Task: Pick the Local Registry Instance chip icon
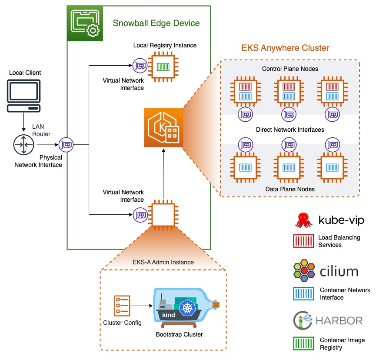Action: pos(163,67)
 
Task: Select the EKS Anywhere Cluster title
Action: pos(285,48)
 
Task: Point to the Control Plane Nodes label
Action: pos(290,69)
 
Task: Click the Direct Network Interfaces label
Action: pos(290,130)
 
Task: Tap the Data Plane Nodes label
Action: pos(290,189)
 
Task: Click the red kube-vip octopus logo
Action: pos(303,221)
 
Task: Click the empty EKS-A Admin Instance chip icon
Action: pos(163,214)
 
